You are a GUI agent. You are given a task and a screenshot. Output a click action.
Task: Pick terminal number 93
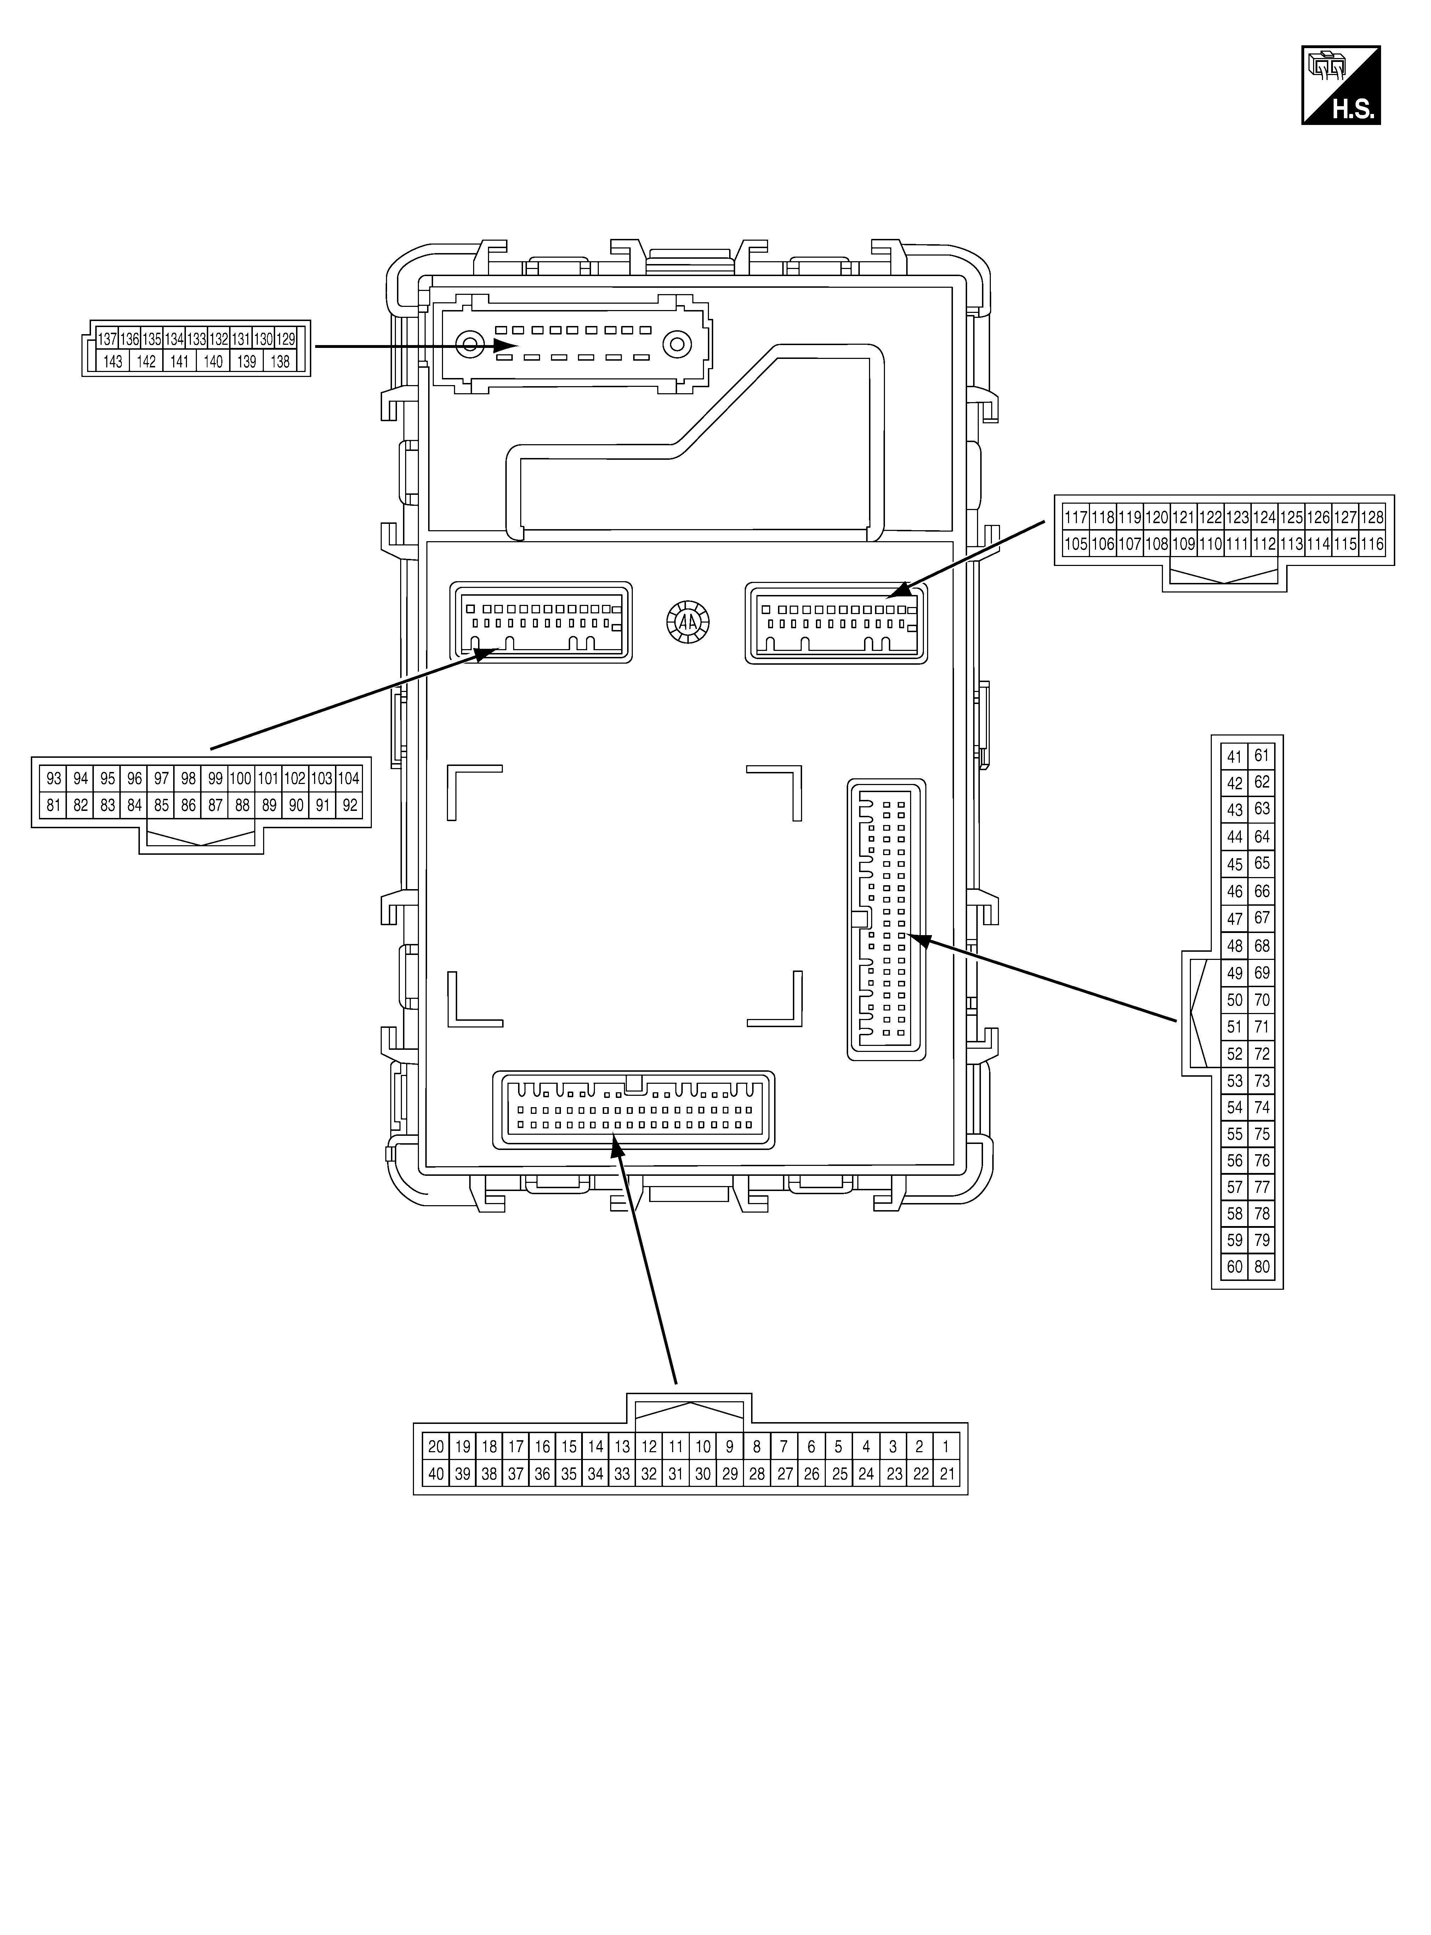point(54,778)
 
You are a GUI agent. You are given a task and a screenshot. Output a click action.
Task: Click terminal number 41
point(1234,756)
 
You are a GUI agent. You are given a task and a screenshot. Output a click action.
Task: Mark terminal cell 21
point(947,1473)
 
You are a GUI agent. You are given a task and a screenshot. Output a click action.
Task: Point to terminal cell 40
point(436,1473)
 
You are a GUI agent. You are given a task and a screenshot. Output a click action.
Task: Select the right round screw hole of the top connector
point(676,345)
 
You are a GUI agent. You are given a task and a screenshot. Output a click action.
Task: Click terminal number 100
point(242,778)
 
